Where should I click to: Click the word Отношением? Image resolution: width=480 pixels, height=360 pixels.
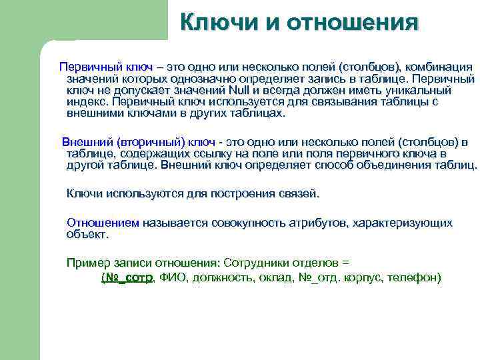104,223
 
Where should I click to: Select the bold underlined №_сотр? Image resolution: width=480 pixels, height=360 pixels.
127,278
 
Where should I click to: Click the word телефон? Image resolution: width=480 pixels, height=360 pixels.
413,278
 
